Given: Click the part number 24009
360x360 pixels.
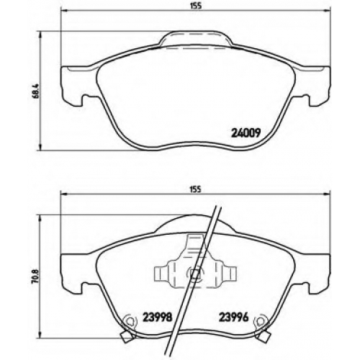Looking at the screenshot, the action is point(246,132).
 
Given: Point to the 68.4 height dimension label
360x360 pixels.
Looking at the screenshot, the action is point(36,91).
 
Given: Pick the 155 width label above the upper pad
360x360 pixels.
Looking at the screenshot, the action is point(196,6).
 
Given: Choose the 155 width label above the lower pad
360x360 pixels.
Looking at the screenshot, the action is point(196,189).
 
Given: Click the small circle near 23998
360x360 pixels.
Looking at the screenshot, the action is point(130,320).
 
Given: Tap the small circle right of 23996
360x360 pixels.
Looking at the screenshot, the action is point(260,320).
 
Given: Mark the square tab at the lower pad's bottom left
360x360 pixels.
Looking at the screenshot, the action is point(126,336).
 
